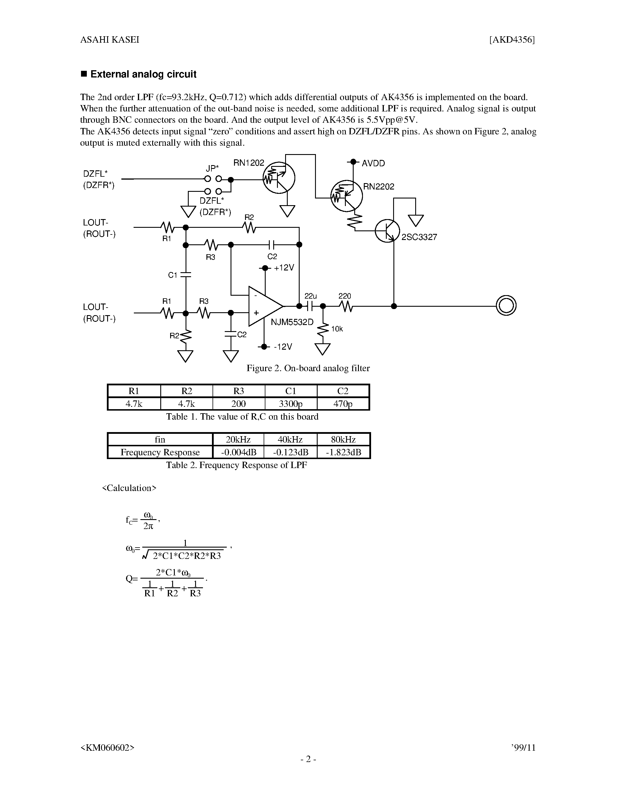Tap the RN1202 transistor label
[x=249, y=163]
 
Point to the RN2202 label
[x=378, y=187]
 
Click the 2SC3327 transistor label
[x=419, y=237]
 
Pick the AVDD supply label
[x=373, y=163]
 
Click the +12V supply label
[x=284, y=268]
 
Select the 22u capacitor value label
[x=311, y=296]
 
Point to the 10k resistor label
[x=337, y=329]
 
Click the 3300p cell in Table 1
[x=291, y=404]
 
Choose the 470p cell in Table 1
[x=343, y=404]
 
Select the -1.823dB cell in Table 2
[x=343, y=452]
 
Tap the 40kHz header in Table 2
[x=290, y=439]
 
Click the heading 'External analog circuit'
[x=143, y=74]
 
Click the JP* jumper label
[x=212, y=168]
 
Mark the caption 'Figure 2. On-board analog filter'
[x=308, y=368]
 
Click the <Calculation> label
[x=129, y=488]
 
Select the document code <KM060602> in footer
[x=107, y=748]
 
